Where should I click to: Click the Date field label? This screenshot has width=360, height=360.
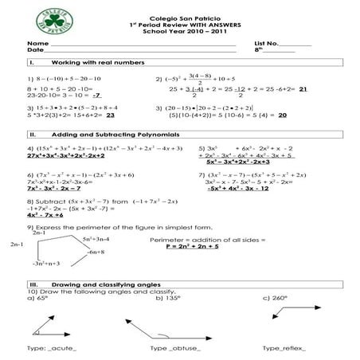coord(33,50)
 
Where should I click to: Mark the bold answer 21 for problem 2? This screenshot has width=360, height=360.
coord(303,89)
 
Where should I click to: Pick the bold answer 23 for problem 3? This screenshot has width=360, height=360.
coord(100,115)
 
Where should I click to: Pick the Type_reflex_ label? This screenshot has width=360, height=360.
coord(284,348)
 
